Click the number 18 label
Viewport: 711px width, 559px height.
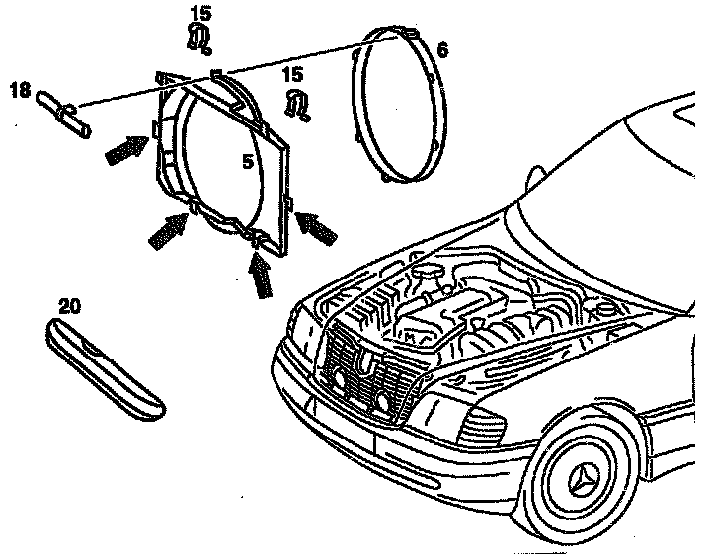(19, 90)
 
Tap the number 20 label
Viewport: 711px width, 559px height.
(69, 306)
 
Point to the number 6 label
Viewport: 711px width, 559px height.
(441, 49)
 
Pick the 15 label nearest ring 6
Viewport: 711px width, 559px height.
(292, 74)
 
